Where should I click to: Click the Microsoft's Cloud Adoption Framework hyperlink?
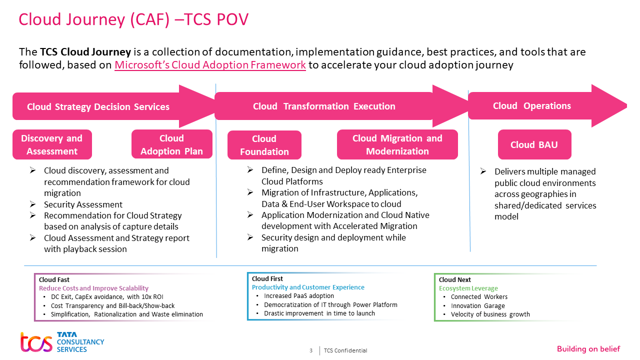click(210, 65)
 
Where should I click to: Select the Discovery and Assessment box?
click(52, 145)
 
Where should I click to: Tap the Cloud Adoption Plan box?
click(171, 144)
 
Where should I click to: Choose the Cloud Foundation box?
click(264, 145)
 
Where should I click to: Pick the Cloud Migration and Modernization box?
click(397, 144)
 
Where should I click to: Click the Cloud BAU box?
click(534, 145)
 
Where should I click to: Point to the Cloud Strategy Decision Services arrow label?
click(98, 106)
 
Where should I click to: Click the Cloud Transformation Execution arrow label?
click(324, 106)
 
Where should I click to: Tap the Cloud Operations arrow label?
click(532, 105)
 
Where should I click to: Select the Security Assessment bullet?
click(83, 204)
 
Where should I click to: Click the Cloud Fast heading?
click(54, 280)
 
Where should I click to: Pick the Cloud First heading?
click(267, 279)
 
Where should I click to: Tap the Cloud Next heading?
click(455, 280)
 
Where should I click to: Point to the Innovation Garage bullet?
click(478, 305)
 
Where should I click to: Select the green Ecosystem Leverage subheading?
click(468, 288)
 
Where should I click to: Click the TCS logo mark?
click(36, 342)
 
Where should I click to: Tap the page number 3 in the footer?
click(311, 350)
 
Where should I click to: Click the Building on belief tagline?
click(588, 349)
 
